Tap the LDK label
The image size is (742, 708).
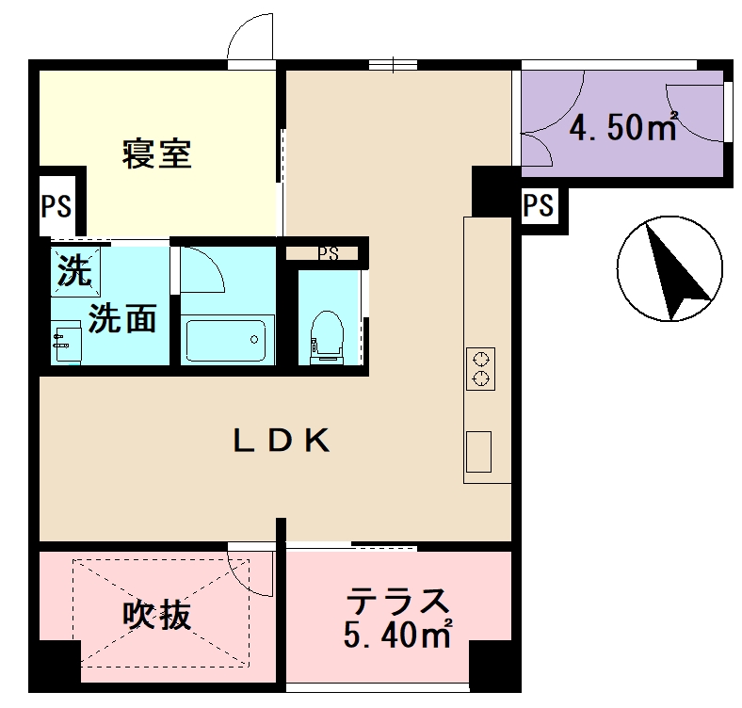[x=282, y=440]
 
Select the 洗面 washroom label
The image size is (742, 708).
[x=122, y=320]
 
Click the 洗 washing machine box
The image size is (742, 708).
[x=71, y=271]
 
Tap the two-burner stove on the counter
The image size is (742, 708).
[x=480, y=368]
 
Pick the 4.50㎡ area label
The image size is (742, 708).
[x=623, y=127]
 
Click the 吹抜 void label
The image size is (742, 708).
[x=157, y=615]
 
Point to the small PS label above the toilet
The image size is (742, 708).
[x=327, y=253]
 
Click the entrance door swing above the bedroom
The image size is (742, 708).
[x=250, y=40]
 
